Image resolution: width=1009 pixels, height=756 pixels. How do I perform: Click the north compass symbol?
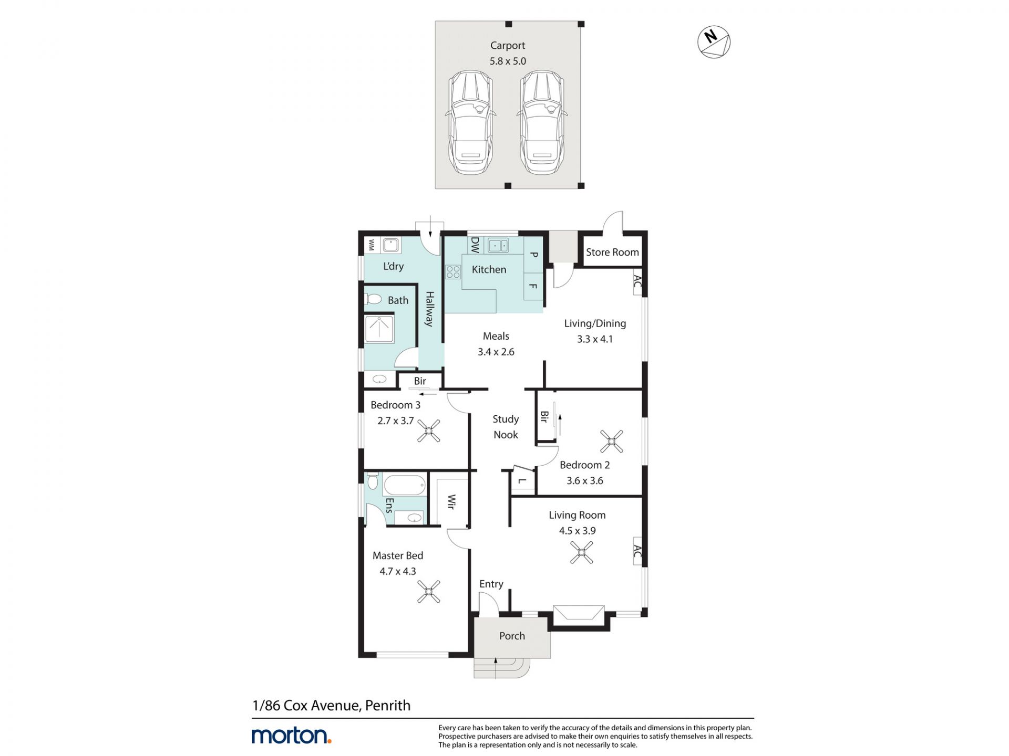(x=714, y=41)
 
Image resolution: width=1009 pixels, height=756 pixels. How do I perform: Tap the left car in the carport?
(x=470, y=123)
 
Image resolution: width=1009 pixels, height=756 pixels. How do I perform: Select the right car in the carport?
(x=542, y=123)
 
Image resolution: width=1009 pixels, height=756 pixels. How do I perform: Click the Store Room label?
(x=612, y=252)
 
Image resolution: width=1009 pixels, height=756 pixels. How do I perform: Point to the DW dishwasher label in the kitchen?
(x=475, y=245)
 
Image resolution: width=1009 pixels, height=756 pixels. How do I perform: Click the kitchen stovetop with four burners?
(x=453, y=272)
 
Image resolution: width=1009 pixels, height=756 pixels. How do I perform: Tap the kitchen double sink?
(x=497, y=245)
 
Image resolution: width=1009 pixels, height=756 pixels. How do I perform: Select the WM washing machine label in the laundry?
(x=372, y=245)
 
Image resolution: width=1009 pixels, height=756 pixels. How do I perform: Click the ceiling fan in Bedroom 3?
(x=429, y=431)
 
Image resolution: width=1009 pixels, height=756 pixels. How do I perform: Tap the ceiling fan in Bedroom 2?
(x=611, y=441)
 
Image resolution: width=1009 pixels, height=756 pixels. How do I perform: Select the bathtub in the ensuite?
(x=404, y=485)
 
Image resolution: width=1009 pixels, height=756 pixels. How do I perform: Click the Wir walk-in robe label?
(x=451, y=502)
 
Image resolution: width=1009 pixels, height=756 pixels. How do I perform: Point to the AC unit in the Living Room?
(x=637, y=551)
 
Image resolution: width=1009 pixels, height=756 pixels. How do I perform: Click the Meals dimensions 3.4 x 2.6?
(x=496, y=352)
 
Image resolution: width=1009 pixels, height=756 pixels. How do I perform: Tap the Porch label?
(x=512, y=636)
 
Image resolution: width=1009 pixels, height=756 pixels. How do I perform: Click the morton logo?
(x=292, y=735)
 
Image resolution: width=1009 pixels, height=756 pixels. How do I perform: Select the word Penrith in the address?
(x=388, y=705)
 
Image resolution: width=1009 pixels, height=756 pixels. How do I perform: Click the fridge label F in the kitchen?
(x=533, y=286)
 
